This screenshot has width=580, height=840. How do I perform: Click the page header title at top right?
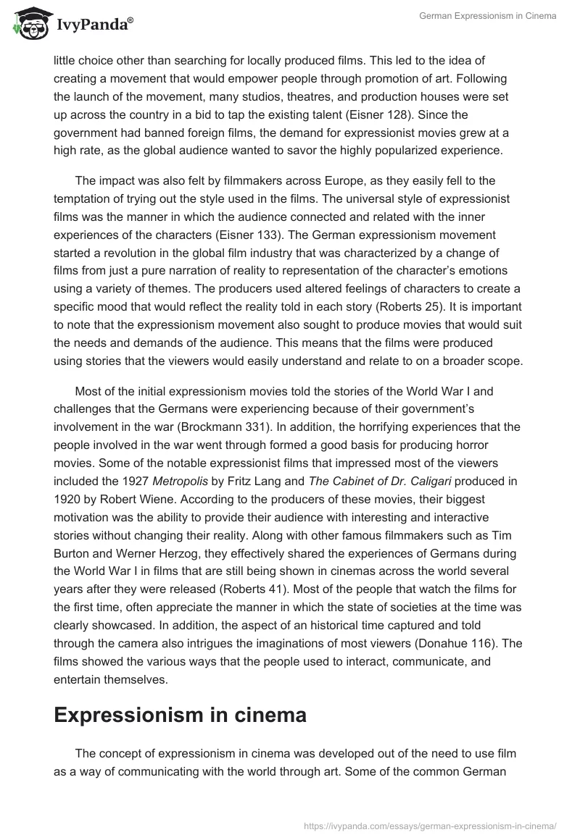488,16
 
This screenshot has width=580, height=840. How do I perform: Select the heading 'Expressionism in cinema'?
180,715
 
